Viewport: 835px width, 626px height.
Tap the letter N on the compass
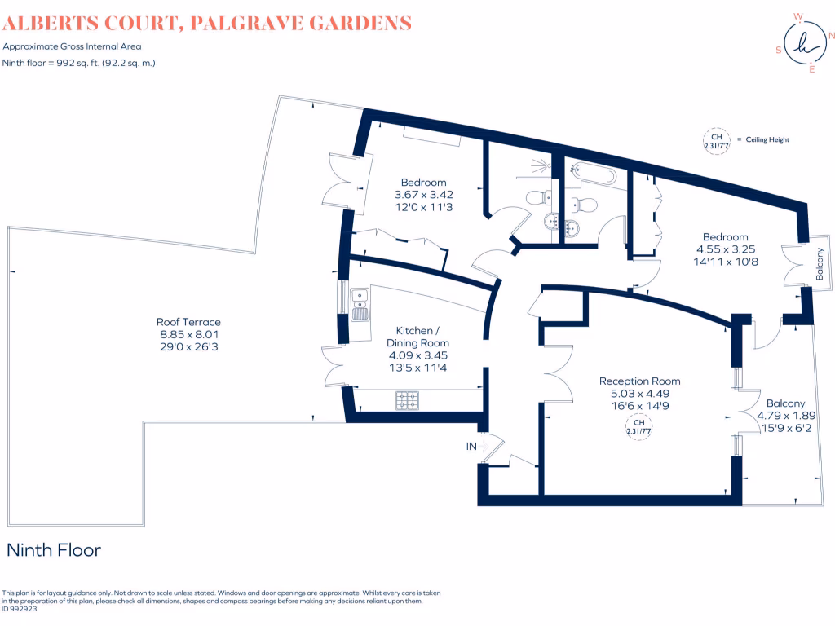pos(831,35)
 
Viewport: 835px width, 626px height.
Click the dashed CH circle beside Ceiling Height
pos(714,140)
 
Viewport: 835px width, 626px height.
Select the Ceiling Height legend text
pos(767,140)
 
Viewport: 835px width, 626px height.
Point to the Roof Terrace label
pos(188,322)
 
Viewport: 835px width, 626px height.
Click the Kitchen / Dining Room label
pos(422,337)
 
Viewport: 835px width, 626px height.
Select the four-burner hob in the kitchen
pos(407,401)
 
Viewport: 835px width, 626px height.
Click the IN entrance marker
pos(471,446)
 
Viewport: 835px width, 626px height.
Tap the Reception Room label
pos(639,381)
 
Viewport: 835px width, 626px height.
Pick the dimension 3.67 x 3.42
pos(423,195)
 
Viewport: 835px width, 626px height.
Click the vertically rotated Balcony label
pos(820,264)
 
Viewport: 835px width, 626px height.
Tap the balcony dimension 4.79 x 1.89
pos(785,415)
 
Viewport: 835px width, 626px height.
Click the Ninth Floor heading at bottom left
pos(54,550)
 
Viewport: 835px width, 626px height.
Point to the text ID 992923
pos(21,608)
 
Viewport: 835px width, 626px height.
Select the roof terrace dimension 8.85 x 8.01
pos(188,334)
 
